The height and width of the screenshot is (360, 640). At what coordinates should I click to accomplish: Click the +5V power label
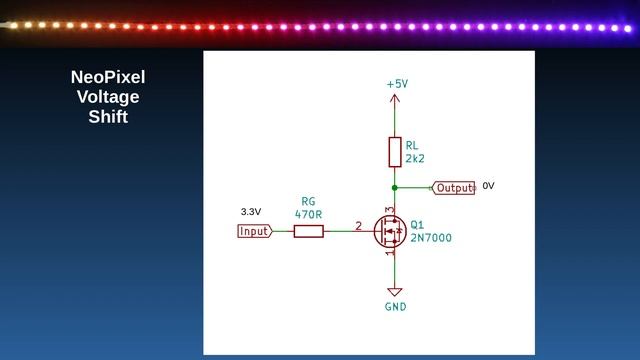tap(396, 85)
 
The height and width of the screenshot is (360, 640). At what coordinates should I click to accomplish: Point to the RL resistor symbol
tap(395, 152)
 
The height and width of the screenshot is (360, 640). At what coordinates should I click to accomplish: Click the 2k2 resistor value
tap(416, 159)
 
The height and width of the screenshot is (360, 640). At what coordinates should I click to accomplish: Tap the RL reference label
tap(413, 146)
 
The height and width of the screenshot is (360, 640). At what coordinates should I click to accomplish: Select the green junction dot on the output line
tap(395, 187)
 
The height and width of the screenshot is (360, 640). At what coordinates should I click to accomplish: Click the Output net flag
tap(454, 188)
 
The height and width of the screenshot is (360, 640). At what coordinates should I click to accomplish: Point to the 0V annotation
tap(488, 186)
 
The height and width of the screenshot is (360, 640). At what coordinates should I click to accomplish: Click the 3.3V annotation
tap(251, 212)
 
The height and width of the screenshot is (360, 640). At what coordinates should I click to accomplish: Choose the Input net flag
tap(254, 231)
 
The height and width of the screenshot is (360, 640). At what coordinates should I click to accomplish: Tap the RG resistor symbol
tap(308, 231)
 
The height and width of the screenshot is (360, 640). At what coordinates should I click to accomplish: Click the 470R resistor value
tap(308, 214)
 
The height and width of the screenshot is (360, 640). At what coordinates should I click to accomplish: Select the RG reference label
tap(308, 201)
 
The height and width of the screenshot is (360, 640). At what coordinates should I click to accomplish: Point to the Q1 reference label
tap(417, 225)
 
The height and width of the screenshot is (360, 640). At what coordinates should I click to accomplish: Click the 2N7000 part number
tap(430, 239)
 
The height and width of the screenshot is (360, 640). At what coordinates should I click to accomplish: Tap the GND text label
tap(395, 307)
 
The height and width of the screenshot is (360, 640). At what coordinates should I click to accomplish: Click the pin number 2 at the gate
tap(358, 226)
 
